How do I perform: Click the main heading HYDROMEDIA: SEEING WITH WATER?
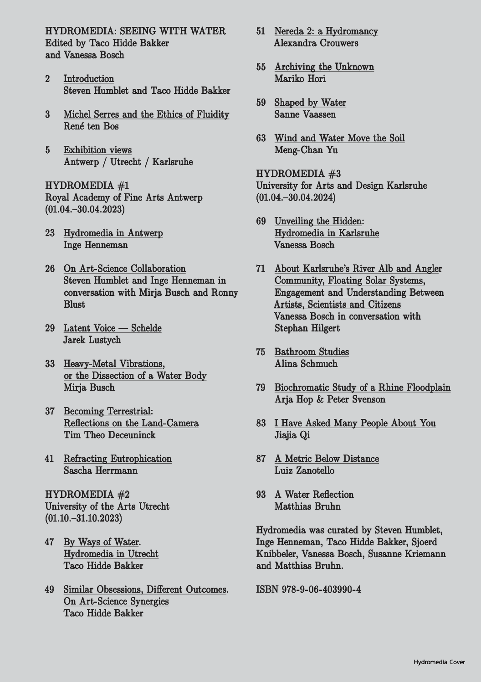(x=135, y=31)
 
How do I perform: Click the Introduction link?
(x=89, y=79)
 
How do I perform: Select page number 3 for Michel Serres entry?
(x=47, y=114)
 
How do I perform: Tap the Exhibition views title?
(x=97, y=150)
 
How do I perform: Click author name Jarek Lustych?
(x=92, y=340)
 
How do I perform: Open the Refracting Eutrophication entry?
(x=118, y=459)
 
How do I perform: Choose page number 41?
(x=50, y=459)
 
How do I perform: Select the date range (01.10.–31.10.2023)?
(x=83, y=518)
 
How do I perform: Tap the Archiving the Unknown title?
(x=324, y=67)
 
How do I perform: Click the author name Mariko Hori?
(x=300, y=79)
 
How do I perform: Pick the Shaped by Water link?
(x=310, y=103)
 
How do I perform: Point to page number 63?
(x=261, y=138)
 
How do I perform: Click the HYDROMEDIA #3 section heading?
(x=298, y=174)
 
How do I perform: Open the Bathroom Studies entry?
(x=312, y=352)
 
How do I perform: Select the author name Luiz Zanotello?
(x=304, y=470)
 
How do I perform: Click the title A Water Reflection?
(x=314, y=495)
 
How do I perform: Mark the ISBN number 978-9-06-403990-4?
(x=309, y=589)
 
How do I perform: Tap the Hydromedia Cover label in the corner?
(x=439, y=662)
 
